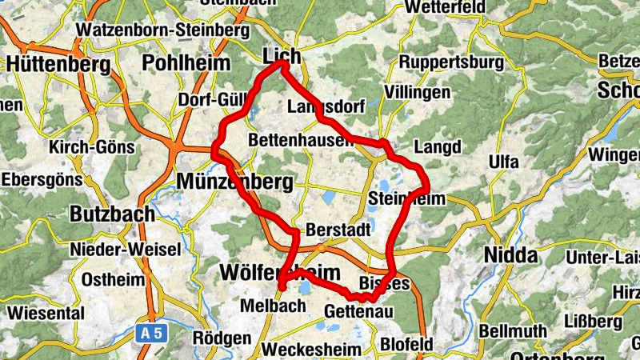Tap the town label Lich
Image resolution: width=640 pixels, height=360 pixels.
click(282, 56)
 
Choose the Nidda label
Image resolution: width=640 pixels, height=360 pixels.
click(510, 256)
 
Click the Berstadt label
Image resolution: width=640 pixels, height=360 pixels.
click(338, 230)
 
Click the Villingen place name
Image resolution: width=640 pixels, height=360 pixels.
click(417, 93)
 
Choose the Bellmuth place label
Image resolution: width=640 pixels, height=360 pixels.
click(515, 330)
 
